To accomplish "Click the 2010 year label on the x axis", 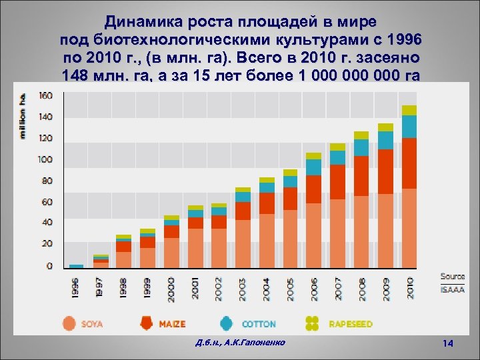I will tap(409, 288).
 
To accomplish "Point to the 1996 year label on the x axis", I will tap(77, 288).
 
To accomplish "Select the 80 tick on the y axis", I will tap(45, 181).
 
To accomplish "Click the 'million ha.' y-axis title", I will tap(23, 115).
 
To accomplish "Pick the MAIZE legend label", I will tap(172, 324).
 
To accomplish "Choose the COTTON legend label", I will tap(258, 324).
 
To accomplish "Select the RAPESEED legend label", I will tap(351, 324).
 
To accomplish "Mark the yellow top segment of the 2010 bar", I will tap(409, 110).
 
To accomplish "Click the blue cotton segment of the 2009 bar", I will tap(385, 140).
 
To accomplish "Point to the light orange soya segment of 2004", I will tap(267, 241).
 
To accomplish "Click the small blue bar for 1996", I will tap(77, 266).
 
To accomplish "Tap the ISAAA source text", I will tap(452, 289).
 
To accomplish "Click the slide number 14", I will tap(448, 343).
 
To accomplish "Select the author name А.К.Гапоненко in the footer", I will tap(257, 342).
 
